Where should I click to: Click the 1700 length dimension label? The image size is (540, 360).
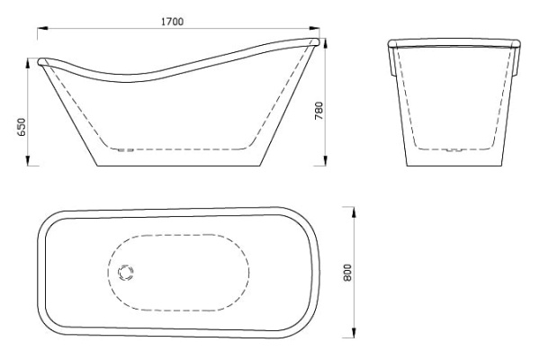[172, 22]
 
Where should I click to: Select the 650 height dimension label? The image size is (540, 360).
[21, 127]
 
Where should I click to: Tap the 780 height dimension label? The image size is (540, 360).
[319, 110]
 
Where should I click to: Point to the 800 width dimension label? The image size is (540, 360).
[347, 272]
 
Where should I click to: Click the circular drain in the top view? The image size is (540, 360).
[126, 273]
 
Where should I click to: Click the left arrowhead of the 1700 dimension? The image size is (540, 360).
[42, 29]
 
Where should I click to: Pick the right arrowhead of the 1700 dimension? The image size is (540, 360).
[314, 29]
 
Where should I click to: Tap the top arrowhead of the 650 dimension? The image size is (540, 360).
[28, 64]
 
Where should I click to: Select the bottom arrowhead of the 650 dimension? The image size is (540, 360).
[28, 160]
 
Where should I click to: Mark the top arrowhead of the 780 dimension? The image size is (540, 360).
[326, 43]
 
